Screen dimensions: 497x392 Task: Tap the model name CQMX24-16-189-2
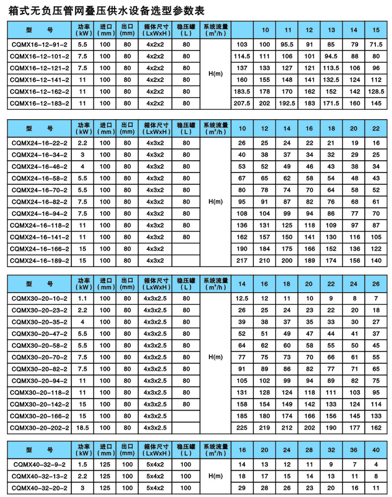pos(40,261)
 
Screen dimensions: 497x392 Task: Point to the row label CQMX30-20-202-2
pos(40,427)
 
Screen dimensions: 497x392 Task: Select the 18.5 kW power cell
pos(83,427)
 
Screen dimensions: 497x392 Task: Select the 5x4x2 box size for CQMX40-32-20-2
pos(155,488)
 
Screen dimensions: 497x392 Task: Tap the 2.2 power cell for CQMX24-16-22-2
pos(83,143)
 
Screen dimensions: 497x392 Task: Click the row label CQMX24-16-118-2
pos(40,225)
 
